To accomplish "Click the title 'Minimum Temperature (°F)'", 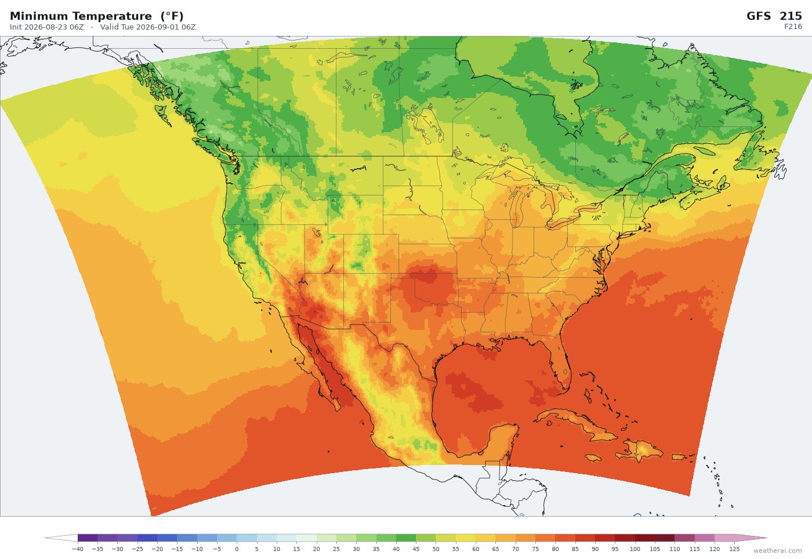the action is tap(96, 16).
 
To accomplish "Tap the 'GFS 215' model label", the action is tap(774, 16).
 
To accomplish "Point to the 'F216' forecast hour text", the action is tap(793, 27).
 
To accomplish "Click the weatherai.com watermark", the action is tap(777, 551).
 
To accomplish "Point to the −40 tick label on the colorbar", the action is tap(78, 549).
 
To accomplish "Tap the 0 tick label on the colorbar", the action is tap(237, 549).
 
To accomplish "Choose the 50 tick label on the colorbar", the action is tap(436, 549).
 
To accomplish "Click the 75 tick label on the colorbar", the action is tap(535, 549).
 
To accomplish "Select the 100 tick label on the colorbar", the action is tap(635, 549).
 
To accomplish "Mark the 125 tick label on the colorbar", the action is tap(734, 549).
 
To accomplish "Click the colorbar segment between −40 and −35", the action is tap(88, 538).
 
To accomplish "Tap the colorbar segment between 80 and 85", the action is tap(565, 538).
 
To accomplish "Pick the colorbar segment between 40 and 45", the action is tap(406, 538).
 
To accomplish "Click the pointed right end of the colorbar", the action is tap(766, 538).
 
